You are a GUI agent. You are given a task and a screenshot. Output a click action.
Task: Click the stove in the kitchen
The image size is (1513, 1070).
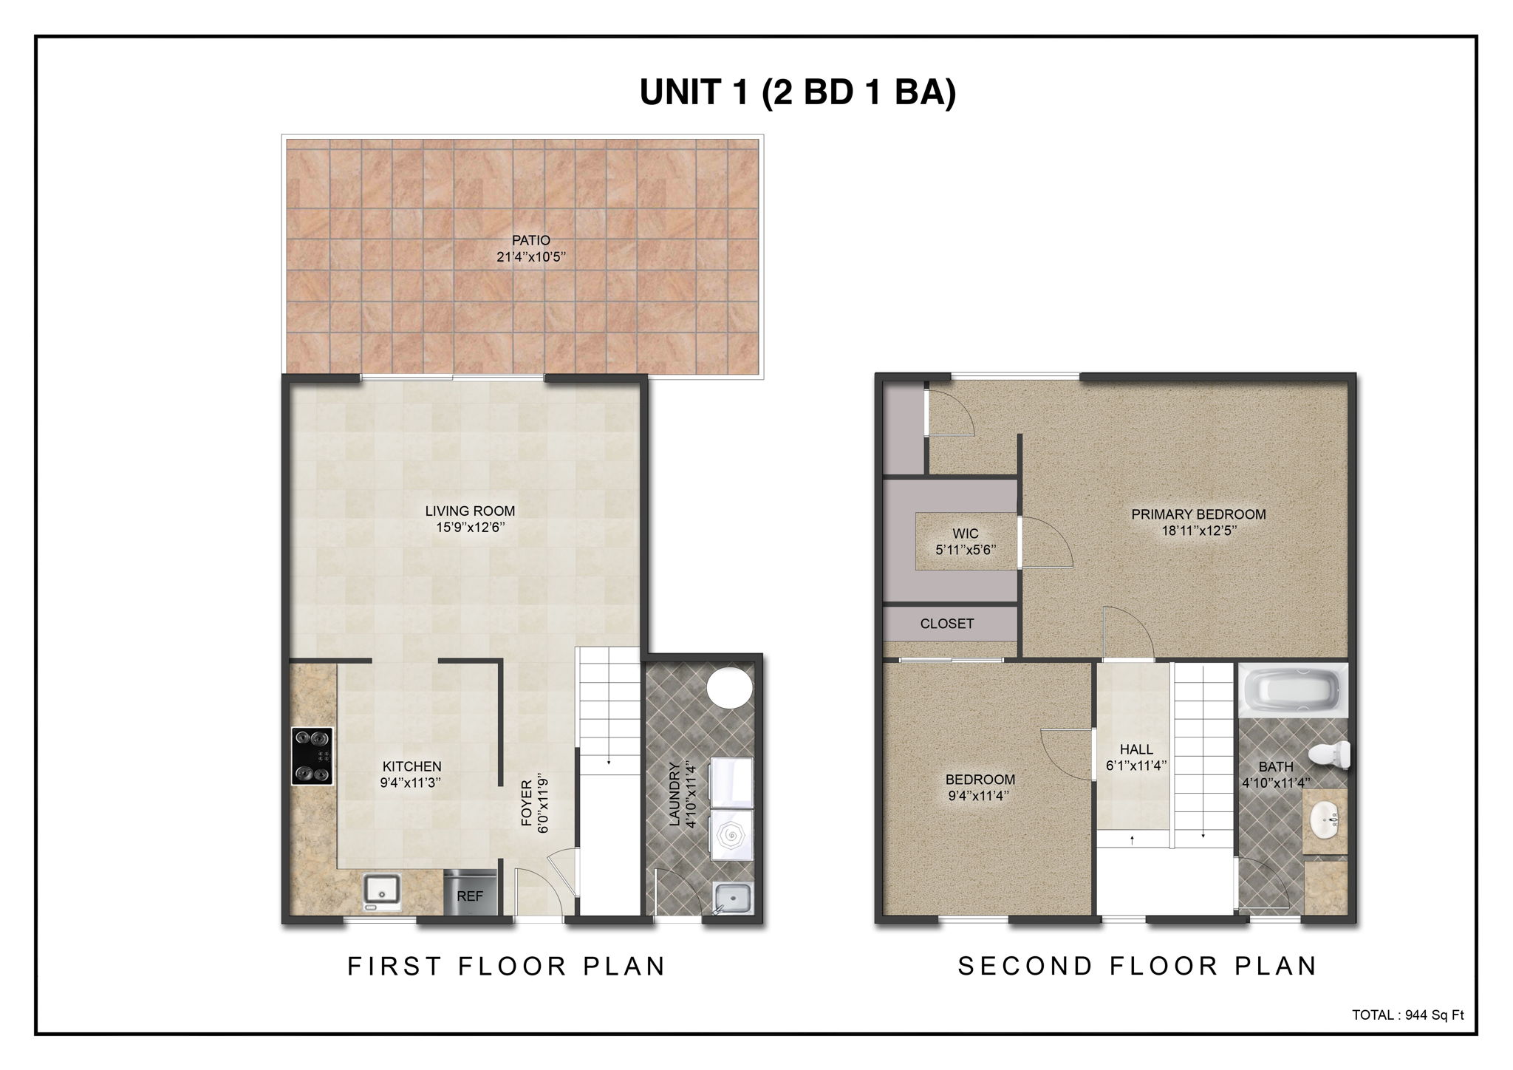pyautogui.click(x=312, y=756)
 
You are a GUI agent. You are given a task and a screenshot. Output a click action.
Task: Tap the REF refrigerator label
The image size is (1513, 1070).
pyautogui.click(x=470, y=896)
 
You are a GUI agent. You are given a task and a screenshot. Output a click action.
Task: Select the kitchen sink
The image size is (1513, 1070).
pyautogui.click(x=382, y=890)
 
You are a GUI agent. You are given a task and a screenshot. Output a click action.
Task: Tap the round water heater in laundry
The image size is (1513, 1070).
pyautogui.click(x=729, y=687)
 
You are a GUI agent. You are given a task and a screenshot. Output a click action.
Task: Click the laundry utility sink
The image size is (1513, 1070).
pyautogui.click(x=733, y=899)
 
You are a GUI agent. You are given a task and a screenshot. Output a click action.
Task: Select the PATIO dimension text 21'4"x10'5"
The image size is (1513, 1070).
pyautogui.click(x=531, y=257)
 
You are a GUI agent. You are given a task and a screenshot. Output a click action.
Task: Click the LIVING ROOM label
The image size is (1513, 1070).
pyautogui.click(x=470, y=511)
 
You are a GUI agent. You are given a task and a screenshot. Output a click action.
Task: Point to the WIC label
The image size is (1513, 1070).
pyautogui.click(x=966, y=534)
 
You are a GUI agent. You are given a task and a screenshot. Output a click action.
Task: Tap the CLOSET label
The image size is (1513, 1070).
pyautogui.click(x=946, y=624)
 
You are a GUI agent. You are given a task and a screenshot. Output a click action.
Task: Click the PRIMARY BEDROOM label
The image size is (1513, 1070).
pyautogui.click(x=1198, y=514)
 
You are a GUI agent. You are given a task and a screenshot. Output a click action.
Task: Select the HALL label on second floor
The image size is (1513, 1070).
pyautogui.click(x=1136, y=749)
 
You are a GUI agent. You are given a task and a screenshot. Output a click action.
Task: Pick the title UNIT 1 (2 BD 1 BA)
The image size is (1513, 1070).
pyautogui.click(x=797, y=92)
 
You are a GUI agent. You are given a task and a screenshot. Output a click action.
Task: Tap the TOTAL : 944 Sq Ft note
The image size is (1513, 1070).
pyautogui.click(x=1407, y=1015)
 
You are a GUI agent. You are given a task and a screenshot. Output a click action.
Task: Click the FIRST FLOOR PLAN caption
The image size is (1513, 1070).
pyautogui.click(x=507, y=967)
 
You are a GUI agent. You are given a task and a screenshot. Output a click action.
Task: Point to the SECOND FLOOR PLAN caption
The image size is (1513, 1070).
pyautogui.click(x=1138, y=967)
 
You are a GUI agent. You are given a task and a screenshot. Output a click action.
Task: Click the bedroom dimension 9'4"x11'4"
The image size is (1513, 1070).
pyautogui.click(x=980, y=796)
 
